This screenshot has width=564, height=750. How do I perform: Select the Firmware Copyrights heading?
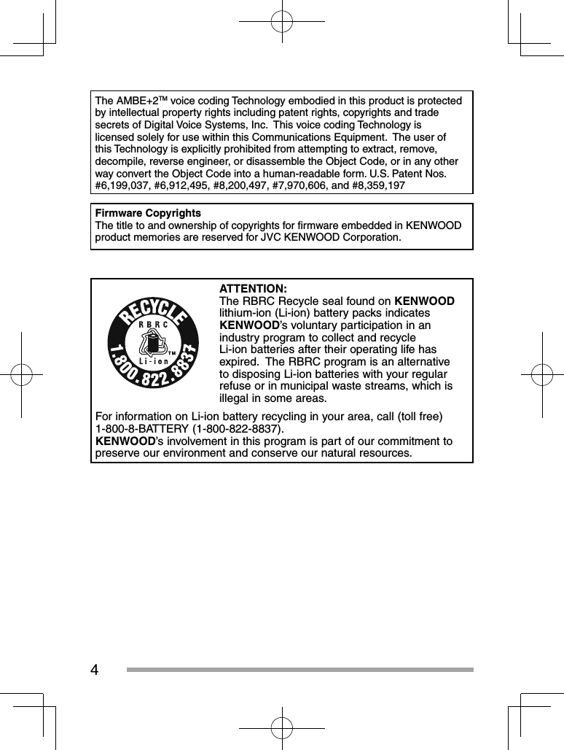(x=148, y=213)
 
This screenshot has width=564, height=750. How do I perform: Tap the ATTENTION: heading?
(x=253, y=289)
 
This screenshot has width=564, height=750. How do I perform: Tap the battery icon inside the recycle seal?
(x=154, y=345)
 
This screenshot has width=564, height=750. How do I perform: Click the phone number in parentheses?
(x=238, y=428)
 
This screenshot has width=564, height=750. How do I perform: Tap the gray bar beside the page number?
(x=299, y=670)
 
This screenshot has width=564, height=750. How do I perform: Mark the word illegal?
(x=237, y=398)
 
